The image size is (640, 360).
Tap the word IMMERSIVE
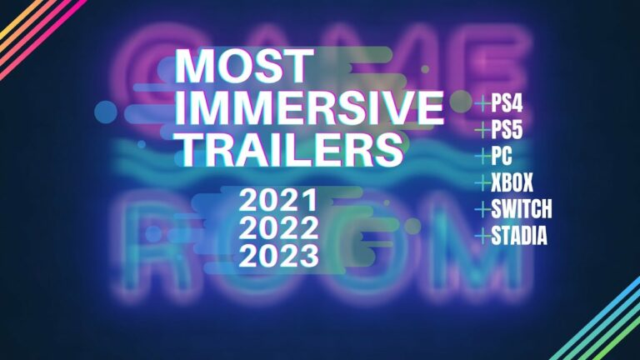(x=309, y=107)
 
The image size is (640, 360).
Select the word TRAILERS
(x=289, y=148)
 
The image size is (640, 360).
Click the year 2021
(x=278, y=200)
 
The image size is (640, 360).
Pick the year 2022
(x=278, y=227)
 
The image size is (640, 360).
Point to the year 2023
(x=278, y=255)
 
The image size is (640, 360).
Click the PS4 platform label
(x=507, y=103)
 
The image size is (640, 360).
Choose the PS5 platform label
(x=507, y=130)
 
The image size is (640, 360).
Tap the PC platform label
(x=502, y=156)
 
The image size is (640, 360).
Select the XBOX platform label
(x=512, y=182)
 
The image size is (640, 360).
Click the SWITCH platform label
(x=521, y=209)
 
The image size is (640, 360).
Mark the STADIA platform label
(x=519, y=236)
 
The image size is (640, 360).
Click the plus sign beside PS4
(x=482, y=103)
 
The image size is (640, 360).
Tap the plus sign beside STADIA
(x=482, y=236)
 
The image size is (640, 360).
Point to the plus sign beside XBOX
(x=482, y=182)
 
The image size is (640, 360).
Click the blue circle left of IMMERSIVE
(x=106, y=112)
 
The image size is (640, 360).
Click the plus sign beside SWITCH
(x=482, y=209)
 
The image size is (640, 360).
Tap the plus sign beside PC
(x=482, y=156)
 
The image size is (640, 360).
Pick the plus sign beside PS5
(x=482, y=130)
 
